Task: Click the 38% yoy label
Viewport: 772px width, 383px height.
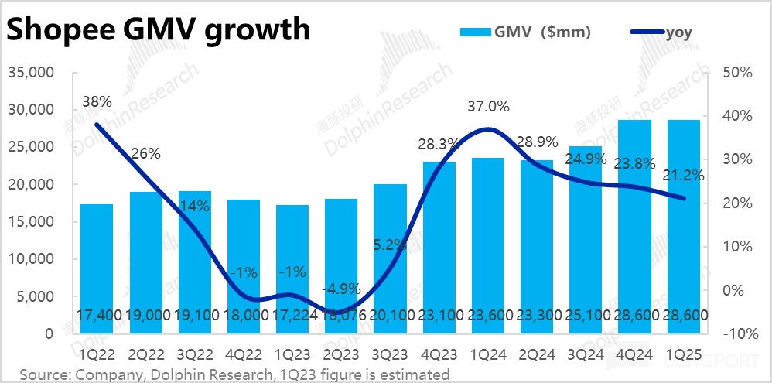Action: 97,101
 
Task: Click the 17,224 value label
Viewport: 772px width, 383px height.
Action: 293,315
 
